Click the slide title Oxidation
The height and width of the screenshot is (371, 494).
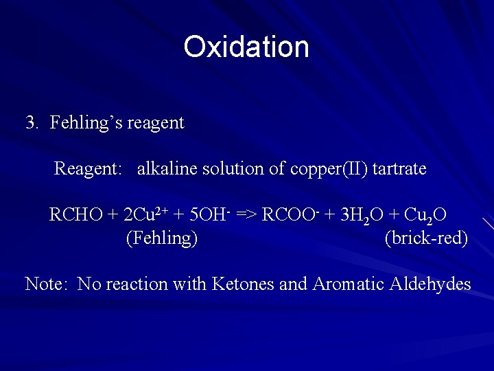(246, 47)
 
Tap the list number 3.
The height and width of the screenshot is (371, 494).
(32, 123)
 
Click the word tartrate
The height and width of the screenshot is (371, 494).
(399, 168)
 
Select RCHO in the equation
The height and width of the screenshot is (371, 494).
(75, 215)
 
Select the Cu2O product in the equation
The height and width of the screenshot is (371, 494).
(425, 215)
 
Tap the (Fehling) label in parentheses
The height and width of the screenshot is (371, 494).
(162, 238)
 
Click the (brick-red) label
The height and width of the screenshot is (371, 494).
(426, 238)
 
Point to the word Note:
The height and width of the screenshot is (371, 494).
(46, 284)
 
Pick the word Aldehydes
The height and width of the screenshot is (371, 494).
(431, 284)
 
